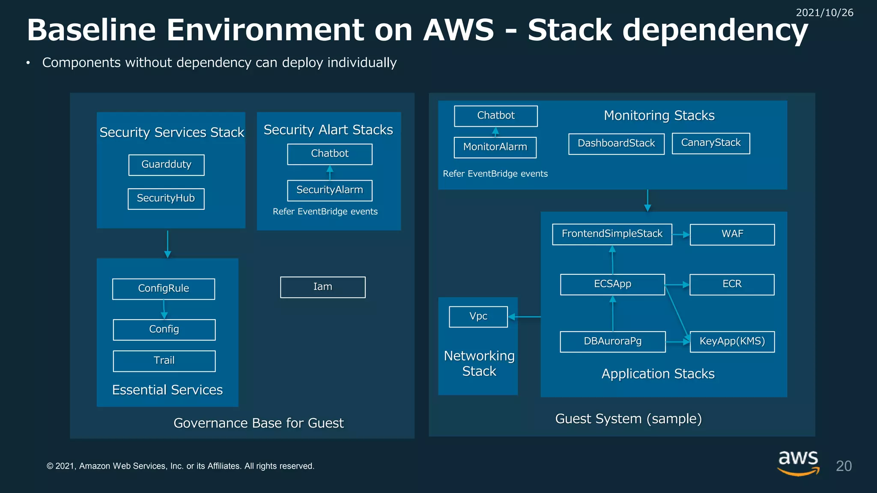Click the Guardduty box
pos(166,165)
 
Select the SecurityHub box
pos(166,199)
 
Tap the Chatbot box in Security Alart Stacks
pos(329,154)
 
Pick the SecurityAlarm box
pos(329,190)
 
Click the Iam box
pos(322,287)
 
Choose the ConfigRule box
pos(164,288)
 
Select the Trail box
pos(164,361)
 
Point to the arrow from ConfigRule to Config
pos(164,309)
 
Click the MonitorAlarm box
pos(495,147)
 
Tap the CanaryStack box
pos(710,143)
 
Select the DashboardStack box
pos(616,143)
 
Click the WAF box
pos(732,234)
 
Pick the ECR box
pos(731,284)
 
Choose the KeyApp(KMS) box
pos(732,342)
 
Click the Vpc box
pos(478,316)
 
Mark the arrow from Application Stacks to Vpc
pos(525,317)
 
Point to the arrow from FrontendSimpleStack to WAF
pos(681,235)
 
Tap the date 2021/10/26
pos(824,13)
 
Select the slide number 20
pos(844,466)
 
